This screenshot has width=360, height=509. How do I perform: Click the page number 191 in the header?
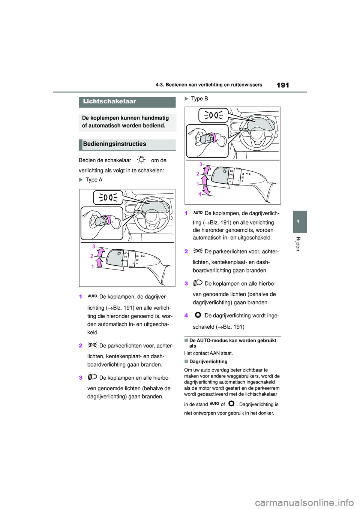click(x=282, y=85)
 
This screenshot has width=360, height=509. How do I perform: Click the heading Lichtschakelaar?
click(x=109, y=102)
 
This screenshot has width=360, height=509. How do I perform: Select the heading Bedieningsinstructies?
click(x=114, y=144)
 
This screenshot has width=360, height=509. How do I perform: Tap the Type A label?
click(x=94, y=180)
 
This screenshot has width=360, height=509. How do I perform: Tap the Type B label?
click(x=199, y=99)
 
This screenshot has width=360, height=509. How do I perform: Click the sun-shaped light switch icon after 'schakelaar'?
click(x=141, y=160)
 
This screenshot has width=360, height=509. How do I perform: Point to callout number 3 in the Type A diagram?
click(x=94, y=247)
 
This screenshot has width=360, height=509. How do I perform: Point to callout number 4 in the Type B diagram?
click(x=200, y=194)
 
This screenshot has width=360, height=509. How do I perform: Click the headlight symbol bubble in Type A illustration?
click(x=108, y=197)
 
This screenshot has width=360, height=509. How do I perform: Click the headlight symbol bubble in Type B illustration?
click(x=213, y=115)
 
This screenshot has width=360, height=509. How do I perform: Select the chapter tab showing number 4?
click(x=298, y=222)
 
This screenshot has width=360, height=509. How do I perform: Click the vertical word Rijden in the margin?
click(x=298, y=244)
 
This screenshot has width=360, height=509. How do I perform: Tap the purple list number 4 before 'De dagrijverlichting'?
click(x=186, y=316)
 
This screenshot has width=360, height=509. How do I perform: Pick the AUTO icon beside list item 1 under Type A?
click(x=92, y=296)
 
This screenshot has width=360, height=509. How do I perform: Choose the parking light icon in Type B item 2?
click(x=198, y=251)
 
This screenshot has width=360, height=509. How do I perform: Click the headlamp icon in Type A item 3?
click(x=92, y=377)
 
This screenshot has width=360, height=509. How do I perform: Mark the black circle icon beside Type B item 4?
click(x=198, y=315)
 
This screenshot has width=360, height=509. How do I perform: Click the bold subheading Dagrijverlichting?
click(x=208, y=362)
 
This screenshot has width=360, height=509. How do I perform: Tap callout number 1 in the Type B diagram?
click(x=198, y=184)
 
